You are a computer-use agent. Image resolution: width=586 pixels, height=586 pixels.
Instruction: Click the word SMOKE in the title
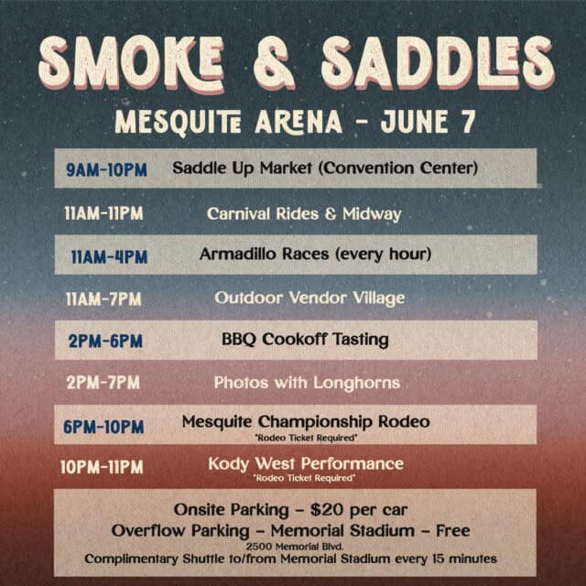coord(132,63)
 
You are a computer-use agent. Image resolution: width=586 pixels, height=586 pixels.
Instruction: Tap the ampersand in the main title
coord(275,63)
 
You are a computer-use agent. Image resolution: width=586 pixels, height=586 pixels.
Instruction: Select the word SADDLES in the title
coord(438,63)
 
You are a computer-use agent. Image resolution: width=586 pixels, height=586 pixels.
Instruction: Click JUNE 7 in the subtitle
coord(429,121)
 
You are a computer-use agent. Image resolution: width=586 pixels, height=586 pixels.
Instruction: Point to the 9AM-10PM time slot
coord(106,170)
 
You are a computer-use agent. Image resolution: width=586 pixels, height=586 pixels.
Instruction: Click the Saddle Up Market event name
coord(325,168)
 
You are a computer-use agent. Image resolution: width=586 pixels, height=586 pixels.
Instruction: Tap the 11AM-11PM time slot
coord(103,213)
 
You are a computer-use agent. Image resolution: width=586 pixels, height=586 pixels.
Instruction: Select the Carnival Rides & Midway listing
coord(304,213)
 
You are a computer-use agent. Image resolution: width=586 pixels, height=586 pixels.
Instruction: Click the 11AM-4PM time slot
coord(109,256)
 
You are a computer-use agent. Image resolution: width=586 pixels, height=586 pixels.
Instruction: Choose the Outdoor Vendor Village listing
coord(309,298)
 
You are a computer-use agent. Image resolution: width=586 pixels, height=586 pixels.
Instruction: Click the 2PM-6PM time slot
coord(105,341)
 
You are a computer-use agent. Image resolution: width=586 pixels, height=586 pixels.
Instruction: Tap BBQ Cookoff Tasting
coord(305,340)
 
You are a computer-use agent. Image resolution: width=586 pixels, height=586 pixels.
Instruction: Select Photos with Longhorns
coord(307,383)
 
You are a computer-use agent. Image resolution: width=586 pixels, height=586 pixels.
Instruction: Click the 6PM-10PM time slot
coord(103,427)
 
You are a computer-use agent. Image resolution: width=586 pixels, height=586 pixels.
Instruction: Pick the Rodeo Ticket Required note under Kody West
coord(304,478)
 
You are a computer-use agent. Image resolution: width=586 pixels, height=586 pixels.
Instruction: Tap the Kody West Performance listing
coord(306,464)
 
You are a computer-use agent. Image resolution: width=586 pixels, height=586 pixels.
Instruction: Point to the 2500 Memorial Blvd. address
coord(295,547)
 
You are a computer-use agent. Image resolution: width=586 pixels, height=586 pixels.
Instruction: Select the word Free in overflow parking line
coord(453,530)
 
